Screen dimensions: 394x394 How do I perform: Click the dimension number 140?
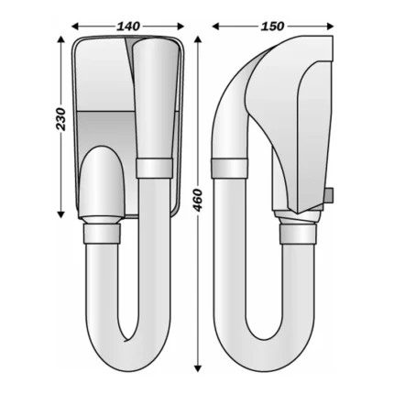[128, 27]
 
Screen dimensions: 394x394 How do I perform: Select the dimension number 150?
[272, 27]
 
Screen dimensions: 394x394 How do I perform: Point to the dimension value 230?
[61, 119]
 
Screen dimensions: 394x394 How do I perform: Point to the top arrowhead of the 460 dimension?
[198, 41]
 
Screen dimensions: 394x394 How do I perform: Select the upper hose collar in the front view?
[154, 168]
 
